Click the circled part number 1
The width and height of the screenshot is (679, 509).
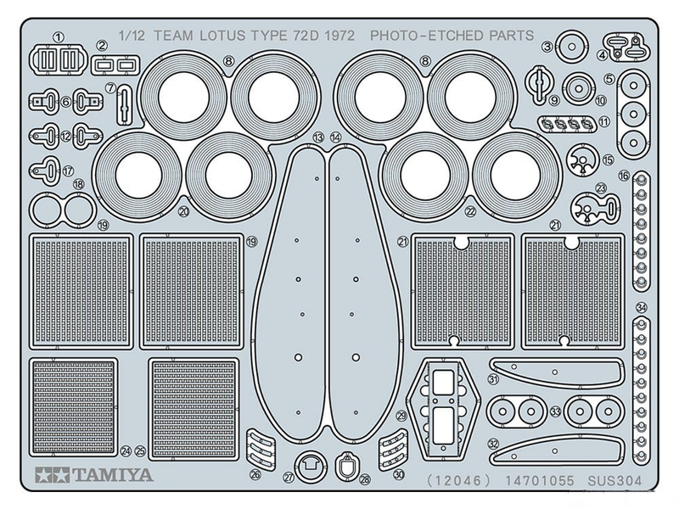(58, 36)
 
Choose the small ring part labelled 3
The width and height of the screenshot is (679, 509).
(570, 47)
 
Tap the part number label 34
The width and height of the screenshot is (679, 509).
(642, 307)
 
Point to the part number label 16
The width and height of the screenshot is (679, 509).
(647, 176)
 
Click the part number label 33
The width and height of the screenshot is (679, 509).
(555, 411)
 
